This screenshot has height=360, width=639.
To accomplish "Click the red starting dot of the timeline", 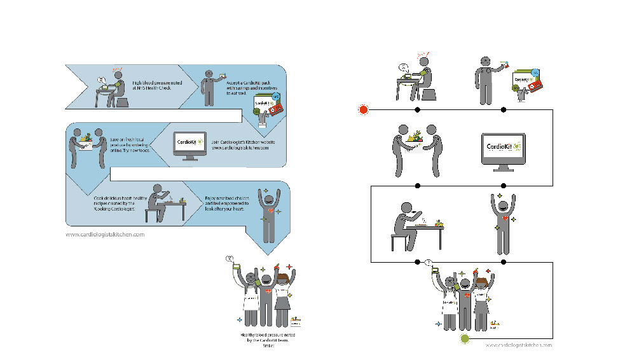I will pos(364,109).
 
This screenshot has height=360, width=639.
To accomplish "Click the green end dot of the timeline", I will pos(465,339).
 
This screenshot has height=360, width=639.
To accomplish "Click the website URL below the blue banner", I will pos(105,234).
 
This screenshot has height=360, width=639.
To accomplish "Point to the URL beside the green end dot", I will pos(519,345).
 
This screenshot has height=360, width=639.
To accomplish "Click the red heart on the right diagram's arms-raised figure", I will pos(505,218).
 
